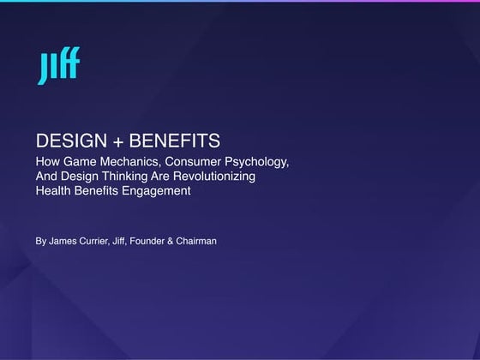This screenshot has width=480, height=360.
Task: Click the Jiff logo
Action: coord(58,68)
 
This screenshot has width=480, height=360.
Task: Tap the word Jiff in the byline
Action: coord(129,242)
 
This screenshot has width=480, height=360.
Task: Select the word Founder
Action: coord(161,242)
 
